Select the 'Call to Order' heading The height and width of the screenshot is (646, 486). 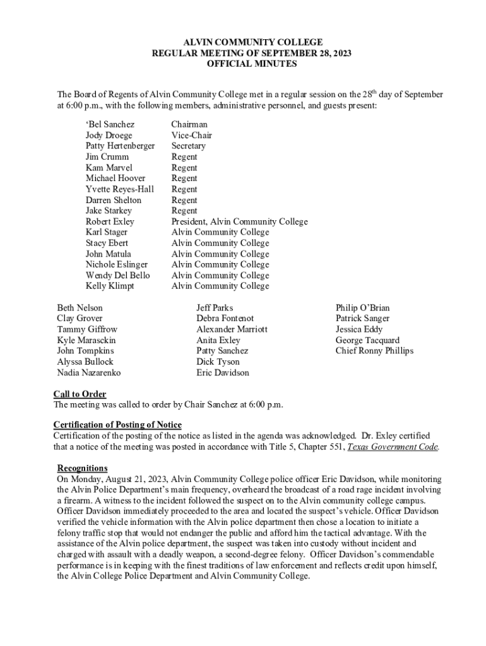click(x=80, y=394)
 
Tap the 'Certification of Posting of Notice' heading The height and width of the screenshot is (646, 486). click(x=117, y=425)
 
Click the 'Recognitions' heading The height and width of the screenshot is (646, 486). click(x=82, y=468)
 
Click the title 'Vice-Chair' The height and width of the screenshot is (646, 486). click(x=191, y=136)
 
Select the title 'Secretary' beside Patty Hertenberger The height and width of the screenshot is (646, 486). click(x=188, y=146)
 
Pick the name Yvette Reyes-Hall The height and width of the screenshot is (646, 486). click(x=119, y=189)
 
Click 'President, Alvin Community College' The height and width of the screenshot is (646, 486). click(x=239, y=221)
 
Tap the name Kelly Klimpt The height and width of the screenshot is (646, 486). click(x=110, y=286)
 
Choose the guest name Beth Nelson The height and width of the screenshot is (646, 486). click(x=80, y=308)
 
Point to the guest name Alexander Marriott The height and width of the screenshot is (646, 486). click(x=232, y=329)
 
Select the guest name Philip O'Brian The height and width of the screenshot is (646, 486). click(x=362, y=308)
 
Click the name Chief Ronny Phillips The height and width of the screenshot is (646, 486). click(x=374, y=351)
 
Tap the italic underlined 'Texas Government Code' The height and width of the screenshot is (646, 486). click(x=393, y=447)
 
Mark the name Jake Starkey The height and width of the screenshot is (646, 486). click(x=109, y=211)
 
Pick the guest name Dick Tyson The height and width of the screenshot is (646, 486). click(x=218, y=361)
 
